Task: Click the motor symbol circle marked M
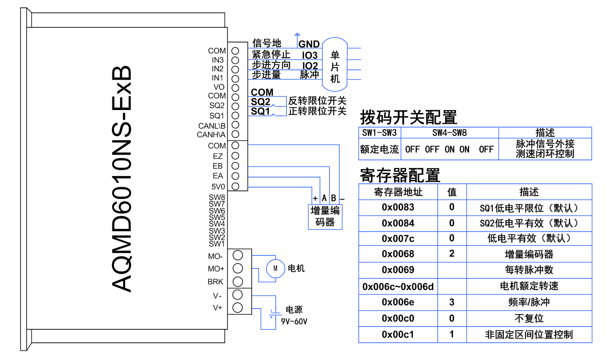point(275,268)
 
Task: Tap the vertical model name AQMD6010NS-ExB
point(122,179)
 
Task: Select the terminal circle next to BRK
point(238,282)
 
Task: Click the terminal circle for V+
point(238,308)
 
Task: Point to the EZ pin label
point(218,156)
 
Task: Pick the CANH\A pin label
point(211,134)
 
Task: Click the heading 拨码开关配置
point(408,118)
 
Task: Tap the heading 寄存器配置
point(400,175)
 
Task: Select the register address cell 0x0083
point(398,208)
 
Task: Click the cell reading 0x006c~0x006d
point(398,286)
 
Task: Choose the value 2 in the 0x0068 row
point(452,254)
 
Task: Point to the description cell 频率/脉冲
point(529,302)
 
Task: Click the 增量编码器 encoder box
point(325,217)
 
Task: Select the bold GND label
point(309,44)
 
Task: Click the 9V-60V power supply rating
point(294,322)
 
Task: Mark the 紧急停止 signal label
point(271,54)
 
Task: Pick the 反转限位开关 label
point(317,101)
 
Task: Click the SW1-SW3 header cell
point(379,133)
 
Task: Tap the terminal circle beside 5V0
point(235,186)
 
